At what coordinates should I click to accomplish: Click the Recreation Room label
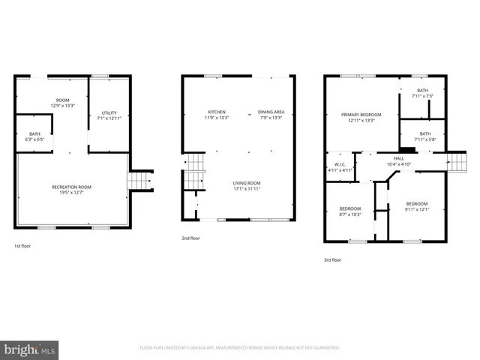(x=72, y=187)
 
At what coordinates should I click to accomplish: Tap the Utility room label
(x=109, y=112)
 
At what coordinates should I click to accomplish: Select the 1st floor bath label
(x=34, y=134)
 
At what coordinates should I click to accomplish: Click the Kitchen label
(x=217, y=112)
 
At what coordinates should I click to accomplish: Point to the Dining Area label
(x=271, y=112)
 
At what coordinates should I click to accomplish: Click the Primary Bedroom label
(x=361, y=115)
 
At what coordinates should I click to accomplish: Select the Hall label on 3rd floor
(x=399, y=159)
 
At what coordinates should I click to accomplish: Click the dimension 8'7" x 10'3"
(x=349, y=214)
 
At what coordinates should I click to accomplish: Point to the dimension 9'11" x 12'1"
(x=417, y=209)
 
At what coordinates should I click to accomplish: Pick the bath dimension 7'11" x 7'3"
(x=423, y=96)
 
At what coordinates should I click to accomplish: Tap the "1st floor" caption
(x=22, y=246)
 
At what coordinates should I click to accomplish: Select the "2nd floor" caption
(x=190, y=238)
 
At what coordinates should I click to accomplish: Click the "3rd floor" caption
(x=332, y=259)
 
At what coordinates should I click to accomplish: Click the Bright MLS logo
(x=30, y=349)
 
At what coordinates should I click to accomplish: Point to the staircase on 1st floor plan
(x=139, y=181)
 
